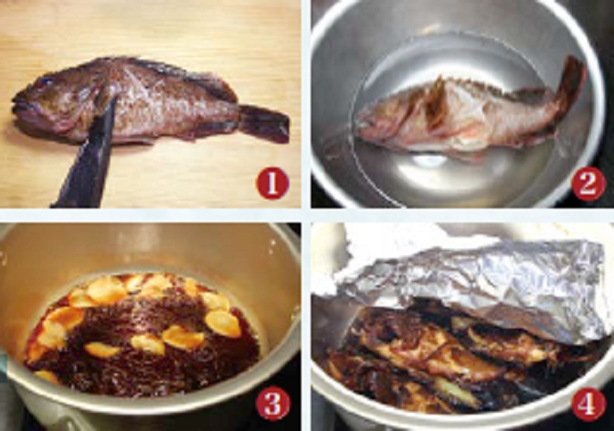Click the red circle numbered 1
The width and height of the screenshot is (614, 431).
[272, 183]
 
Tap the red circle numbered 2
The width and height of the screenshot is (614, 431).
[587, 183]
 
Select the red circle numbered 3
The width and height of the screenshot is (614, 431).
[272, 403]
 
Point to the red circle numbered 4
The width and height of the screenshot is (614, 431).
[587, 403]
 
